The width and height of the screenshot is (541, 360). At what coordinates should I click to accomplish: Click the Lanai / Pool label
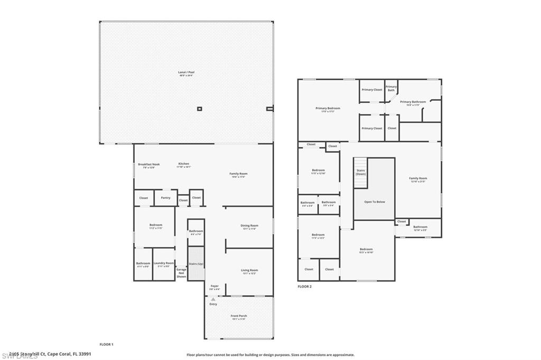point(185,73)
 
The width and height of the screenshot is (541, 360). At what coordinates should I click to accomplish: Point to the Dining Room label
point(249,226)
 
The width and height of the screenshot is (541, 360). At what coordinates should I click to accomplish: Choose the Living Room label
point(249,271)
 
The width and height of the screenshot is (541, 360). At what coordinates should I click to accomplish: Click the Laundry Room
point(163,264)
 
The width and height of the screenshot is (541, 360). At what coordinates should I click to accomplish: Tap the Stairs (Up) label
point(196,263)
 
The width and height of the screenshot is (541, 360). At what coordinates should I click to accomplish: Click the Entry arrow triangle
point(213,299)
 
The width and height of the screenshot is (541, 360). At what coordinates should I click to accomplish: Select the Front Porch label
point(239,317)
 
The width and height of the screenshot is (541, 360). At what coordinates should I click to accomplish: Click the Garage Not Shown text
point(181,272)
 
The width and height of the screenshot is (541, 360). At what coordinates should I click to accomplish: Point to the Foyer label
point(214,287)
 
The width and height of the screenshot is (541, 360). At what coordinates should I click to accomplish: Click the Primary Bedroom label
point(328,109)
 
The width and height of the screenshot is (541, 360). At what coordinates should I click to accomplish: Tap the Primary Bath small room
point(391,89)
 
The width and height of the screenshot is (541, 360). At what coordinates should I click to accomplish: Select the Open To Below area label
point(374,202)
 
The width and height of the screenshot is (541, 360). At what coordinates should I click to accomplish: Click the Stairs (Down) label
point(361,172)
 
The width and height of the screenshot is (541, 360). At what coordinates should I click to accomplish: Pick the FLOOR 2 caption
point(305,286)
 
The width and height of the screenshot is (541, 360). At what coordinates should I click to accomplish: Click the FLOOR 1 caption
point(107,344)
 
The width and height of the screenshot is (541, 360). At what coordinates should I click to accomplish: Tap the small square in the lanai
point(199,109)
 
